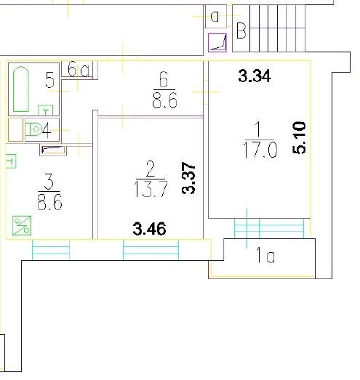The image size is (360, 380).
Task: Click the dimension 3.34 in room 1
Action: tap(255, 76)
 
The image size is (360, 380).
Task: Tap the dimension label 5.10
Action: tap(299, 137)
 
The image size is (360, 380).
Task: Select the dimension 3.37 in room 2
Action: tap(188, 178)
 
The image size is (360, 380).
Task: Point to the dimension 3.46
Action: tap(149, 229)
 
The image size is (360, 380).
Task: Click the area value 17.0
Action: tap(260, 150)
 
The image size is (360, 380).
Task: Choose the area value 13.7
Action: tap(151, 189)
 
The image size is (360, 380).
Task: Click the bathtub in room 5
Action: tap(21, 89)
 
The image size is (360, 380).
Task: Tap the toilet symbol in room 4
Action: tap(33, 129)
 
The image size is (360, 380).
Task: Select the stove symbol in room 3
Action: tap(22, 225)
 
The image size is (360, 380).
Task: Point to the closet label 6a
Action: tap(79, 70)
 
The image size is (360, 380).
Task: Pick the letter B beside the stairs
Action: tap(241, 31)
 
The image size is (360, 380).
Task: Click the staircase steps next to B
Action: tap(277, 28)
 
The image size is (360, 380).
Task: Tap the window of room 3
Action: tap(51, 250)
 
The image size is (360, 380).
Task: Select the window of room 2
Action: tap(151, 250)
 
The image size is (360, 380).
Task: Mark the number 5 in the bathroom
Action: tap(50, 79)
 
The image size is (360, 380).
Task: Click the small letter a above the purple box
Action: tap(215, 17)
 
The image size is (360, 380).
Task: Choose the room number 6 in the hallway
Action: tap(164, 79)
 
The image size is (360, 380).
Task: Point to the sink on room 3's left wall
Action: tap(11, 161)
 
